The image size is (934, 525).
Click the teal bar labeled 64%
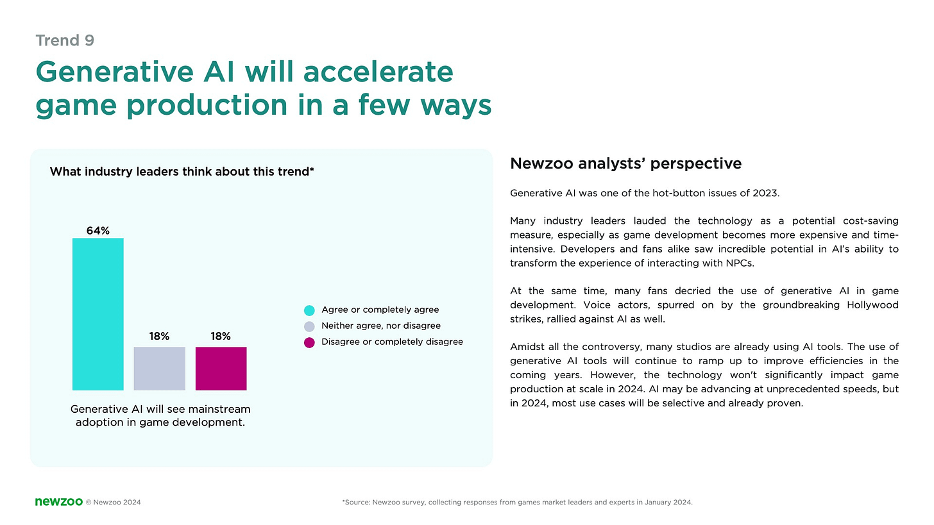click(98, 314)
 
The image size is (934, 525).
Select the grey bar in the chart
click(159, 369)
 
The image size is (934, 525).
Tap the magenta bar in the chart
click(221, 369)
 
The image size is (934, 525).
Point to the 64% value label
click(98, 231)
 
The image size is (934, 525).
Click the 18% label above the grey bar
click(159, 337)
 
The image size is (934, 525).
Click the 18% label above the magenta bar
click(221, 337)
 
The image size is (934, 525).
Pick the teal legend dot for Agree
click(309, 310)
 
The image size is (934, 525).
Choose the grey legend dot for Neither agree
click(309, 326)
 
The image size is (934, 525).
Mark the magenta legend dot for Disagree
click(309, 342)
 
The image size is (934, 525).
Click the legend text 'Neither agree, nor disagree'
click(381, 326)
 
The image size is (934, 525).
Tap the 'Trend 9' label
click(65, 40)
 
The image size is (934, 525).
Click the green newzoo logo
click(59, 502)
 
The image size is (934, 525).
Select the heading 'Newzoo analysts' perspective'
click(626, 163)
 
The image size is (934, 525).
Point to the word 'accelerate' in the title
click(378, 72)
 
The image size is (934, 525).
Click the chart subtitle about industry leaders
click(182, 172)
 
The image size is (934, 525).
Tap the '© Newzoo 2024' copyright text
click(114, 503)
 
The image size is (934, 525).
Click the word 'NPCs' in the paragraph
click(740, 263)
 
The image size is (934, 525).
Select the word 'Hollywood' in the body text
click(872, 305)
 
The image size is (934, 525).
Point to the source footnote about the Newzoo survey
click(518, 503)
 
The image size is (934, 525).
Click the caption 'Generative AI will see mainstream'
click(160, 409)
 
